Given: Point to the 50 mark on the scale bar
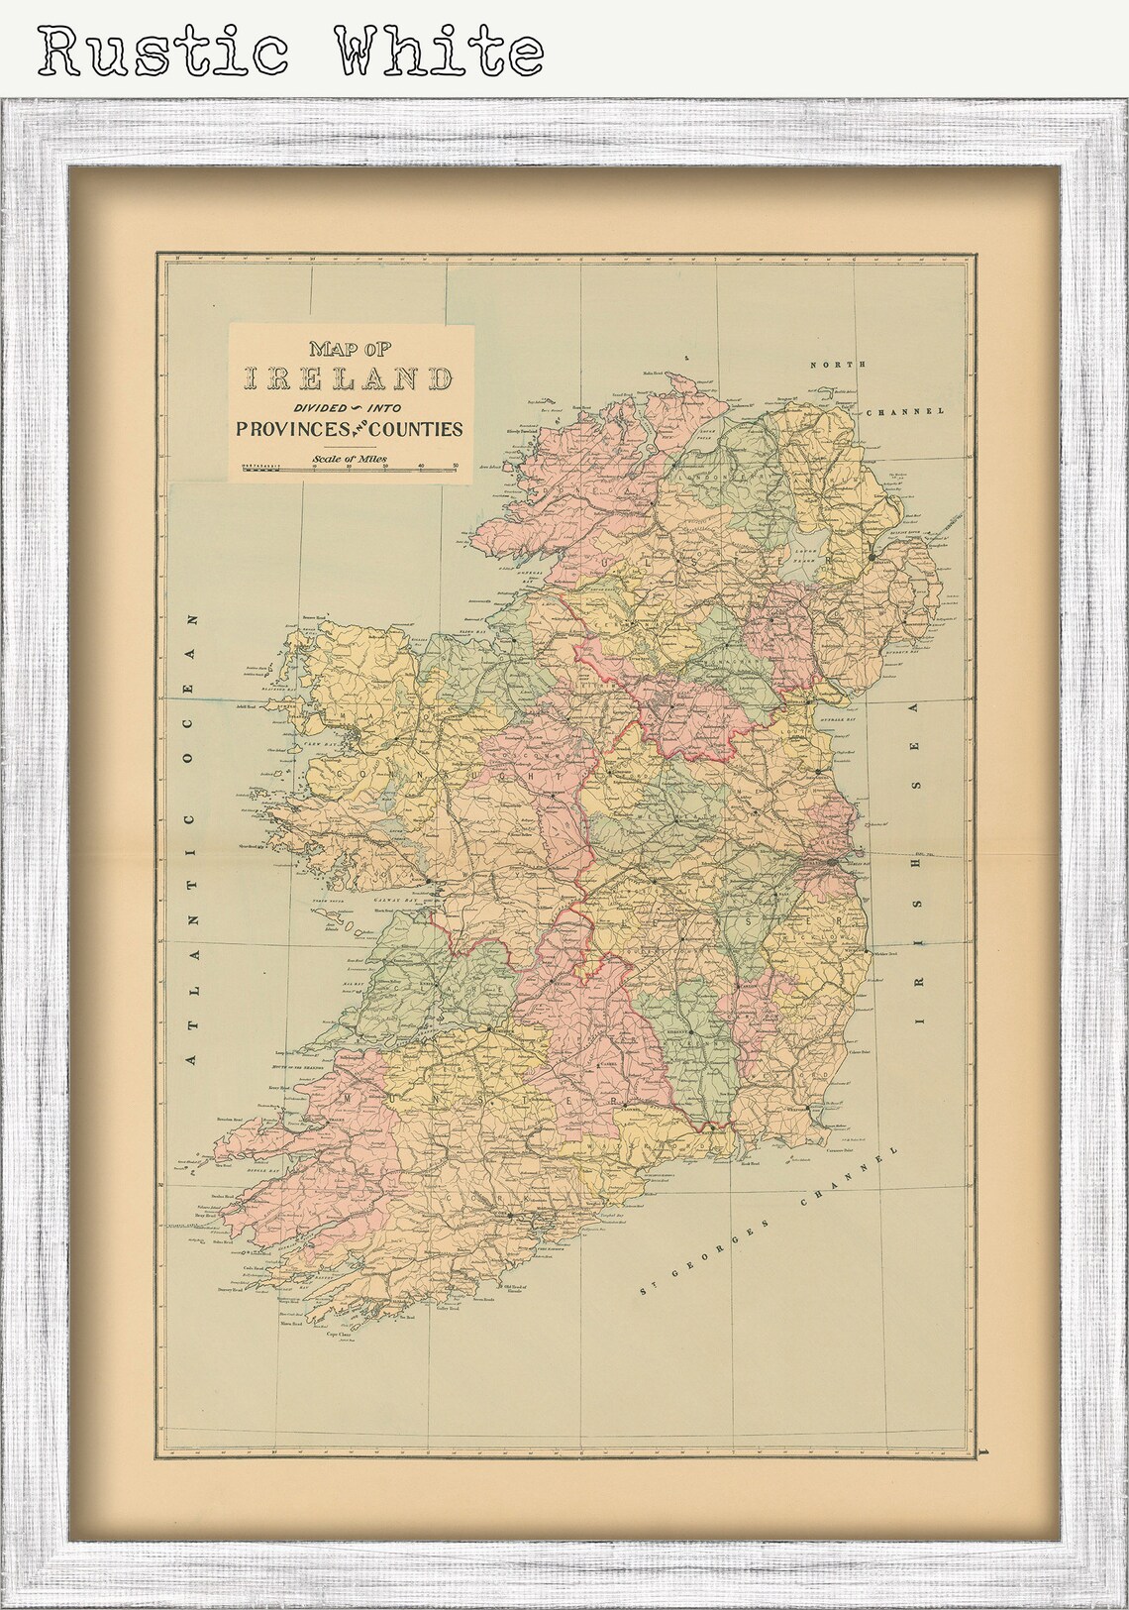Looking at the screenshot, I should pyautogui.click(x=455, y=466).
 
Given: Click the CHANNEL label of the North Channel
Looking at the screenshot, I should pyautogui.click(x=905, y=410).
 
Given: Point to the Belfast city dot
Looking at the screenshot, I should pyautogui.click(x=871, y=558).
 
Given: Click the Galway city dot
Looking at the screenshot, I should pyautogui.click(x=428, y=880).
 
